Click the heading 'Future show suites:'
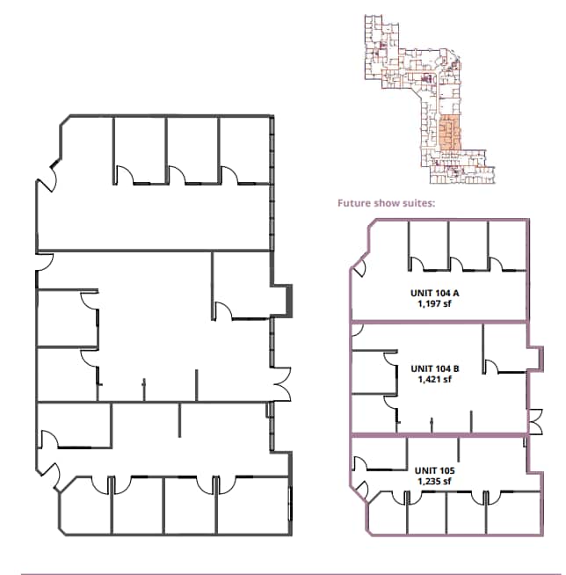pyautogui.click(x=387, y=203)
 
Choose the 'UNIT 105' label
pyautogui.click(x=434, y=470)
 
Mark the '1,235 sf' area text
pyautogui.click(x=434, y=481)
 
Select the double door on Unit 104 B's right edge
pyautogui.click(x=534, y=421)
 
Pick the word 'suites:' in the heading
pyautogui.click(x=418, y=203)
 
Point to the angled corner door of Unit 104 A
pyautogui.click(x=358, y=264)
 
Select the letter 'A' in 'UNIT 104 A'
pyautogui.click(x=458, y=294)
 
